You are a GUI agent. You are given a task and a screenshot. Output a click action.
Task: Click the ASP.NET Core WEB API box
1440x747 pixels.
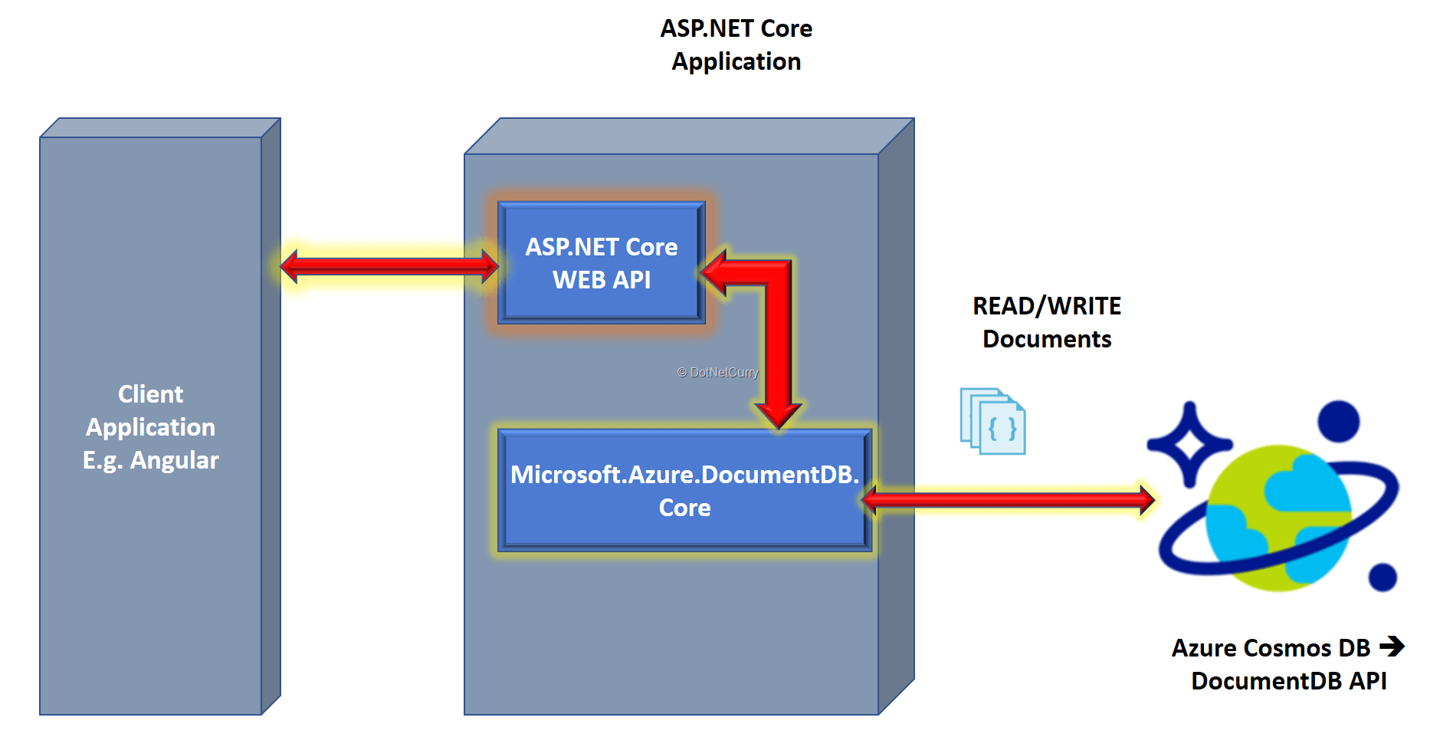pyautogui.click(x=601, y=263)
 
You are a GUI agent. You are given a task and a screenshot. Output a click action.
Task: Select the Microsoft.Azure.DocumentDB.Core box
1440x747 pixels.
pyautogui.click(x=684, y=491)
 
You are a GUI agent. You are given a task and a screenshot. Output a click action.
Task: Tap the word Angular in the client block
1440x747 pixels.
pyautogui.click(x=174, y=460)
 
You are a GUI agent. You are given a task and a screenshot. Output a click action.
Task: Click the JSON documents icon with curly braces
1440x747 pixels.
pyautogui.click(x=993, y=421)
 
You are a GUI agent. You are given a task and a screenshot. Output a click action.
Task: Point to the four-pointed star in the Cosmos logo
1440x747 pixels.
pyautogui.click(x=1189, y=444)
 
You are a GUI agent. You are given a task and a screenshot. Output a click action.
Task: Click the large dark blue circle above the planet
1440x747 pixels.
pyautogui.click(x=1338, y=421)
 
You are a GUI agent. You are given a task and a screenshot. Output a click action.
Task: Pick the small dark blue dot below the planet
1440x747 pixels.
pyautogui.click(x=1382, y=577)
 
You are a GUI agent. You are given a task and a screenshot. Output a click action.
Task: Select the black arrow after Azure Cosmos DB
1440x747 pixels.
pyautogui.click(x=1391, y=647)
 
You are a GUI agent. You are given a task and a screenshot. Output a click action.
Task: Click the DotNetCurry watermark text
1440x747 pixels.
pyautogui.click(x=718, y=373)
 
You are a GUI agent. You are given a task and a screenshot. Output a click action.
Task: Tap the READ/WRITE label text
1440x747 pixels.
pyautogui.click(x=1046, y=306)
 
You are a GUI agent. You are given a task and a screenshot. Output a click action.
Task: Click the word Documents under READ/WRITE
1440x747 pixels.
pyautogui.click(x=1046, y=339)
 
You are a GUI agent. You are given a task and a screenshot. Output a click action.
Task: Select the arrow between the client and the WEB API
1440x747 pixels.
pyautogui.click(x=389, y=266)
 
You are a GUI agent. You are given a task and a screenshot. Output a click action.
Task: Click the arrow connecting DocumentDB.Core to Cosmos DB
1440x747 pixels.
pyautogui.click(x=1008, y=500)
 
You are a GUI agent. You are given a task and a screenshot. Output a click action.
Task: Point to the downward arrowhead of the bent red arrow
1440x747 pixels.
pyautogui.click(x=778, y=414)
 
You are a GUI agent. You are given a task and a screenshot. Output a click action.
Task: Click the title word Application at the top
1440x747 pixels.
pyautogui.click(x=736, y=61)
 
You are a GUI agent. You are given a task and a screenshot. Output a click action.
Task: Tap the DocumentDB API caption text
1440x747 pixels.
pyautogui.click(x=1288, y=681)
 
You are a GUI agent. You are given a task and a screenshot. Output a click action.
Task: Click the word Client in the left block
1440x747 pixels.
pyautogui.click(x=150, y=394)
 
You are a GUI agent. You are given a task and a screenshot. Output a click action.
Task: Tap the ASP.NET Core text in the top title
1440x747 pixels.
pyautogui.click(x=736, y=28)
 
